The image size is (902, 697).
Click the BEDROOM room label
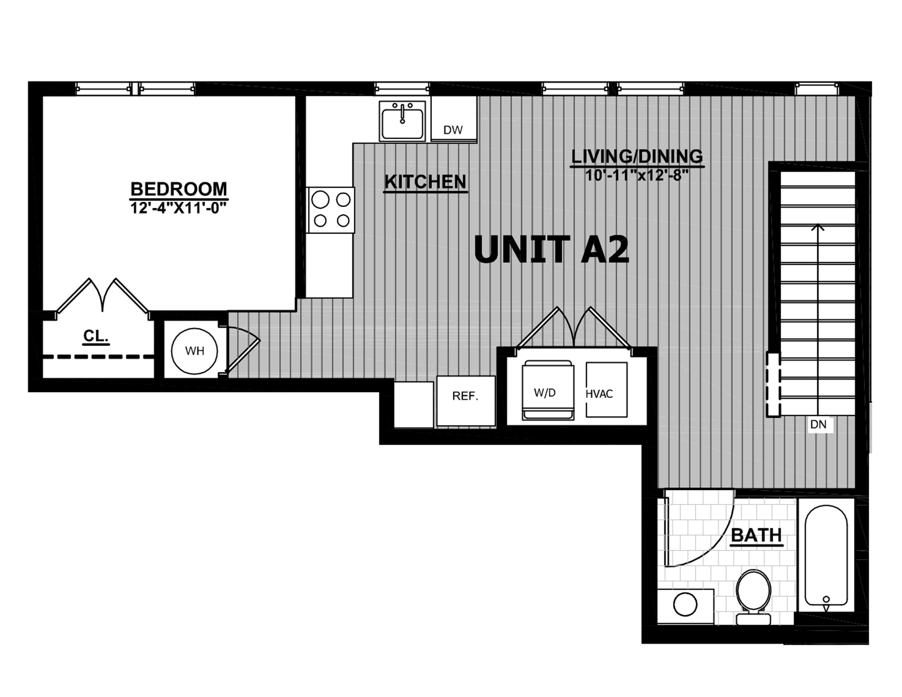(179, 189)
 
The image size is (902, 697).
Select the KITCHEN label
(425, 182)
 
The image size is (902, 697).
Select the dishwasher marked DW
(453, 119)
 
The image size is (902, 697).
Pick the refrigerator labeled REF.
(466, 400)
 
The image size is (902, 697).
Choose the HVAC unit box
(606, 390)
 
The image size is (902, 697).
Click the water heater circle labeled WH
(195, 351)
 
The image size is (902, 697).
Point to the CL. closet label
(96, 336)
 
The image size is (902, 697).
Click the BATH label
(757, 535)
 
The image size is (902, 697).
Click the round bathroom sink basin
(686, 605)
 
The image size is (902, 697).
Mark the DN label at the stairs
(819, 424)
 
